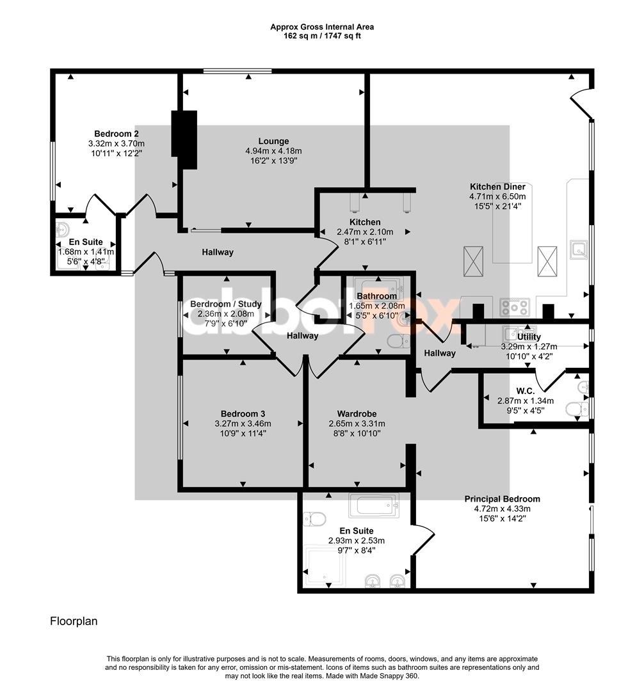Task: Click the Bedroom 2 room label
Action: tap(117, 134)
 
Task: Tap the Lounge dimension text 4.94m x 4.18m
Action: tap(273, 151)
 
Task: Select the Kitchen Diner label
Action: tap(497, 186)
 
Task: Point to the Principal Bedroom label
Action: tap(502, 499)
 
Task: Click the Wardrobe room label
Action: tap(357, 414)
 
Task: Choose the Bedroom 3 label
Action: tap(243, 414)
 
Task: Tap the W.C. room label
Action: tap(526, 391)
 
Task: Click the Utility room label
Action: tap(529, 337)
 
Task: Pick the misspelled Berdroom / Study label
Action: tap(226, 304)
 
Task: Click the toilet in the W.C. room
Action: tap(577, 409)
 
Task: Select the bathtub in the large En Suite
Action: tap(374, 505)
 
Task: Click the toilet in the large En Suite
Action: tap(314, 518)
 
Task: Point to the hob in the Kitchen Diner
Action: tap(515, 306)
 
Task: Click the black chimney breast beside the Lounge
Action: tap(184, 139)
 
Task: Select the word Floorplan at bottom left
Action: tap(74, 621)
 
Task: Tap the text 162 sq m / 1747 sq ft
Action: tap(322, 36)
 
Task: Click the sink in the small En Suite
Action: tap(63, 229)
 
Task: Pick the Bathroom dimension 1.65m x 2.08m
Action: tap(377, 306)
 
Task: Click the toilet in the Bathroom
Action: tap(398, 340)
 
